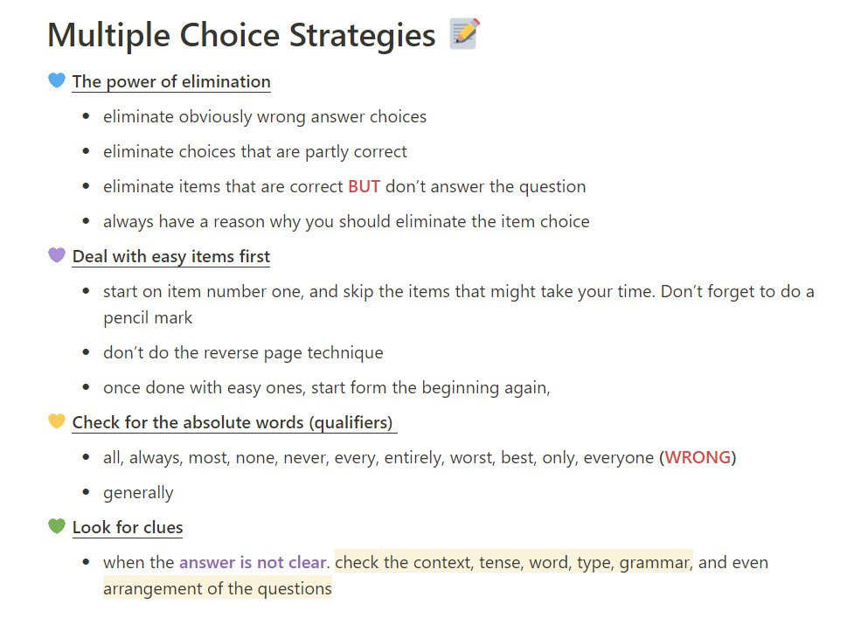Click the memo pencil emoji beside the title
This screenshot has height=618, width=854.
463,34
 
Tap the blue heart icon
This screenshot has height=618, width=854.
57,81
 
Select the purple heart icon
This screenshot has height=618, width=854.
57,256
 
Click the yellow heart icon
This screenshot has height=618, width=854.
57,422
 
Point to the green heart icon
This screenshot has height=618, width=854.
57,527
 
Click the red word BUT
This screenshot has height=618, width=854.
364,186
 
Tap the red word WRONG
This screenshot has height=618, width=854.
698,457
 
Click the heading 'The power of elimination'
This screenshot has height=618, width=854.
171,81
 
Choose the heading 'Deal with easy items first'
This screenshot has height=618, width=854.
171,256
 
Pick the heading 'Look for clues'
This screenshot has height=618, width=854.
128,527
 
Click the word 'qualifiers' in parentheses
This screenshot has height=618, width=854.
350,422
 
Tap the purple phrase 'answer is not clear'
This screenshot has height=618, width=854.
252,562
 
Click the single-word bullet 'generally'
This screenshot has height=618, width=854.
138,492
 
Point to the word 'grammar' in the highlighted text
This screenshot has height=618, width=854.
655,562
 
